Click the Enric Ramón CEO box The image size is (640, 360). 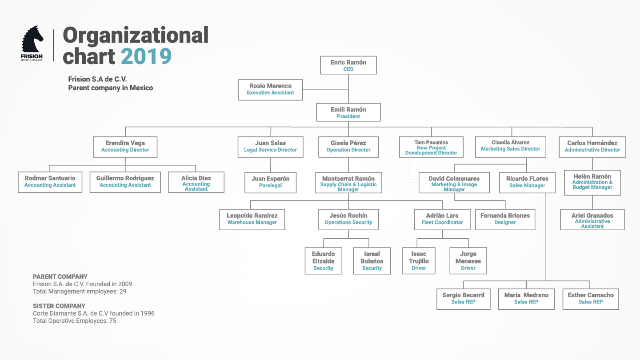[x=348, y=65]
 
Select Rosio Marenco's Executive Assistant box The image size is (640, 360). [x=270, y=90]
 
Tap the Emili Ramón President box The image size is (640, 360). [x=348, y=112]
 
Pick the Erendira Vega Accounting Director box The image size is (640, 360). [x=125, y=147]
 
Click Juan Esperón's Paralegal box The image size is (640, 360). [x=270, y=183]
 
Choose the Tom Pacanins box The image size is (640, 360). [x=431, y=147]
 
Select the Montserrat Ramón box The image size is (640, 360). [x=348, y=183]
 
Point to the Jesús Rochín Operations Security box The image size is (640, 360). [x=348, y=220]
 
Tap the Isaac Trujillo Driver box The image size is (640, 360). [x=419, y=261]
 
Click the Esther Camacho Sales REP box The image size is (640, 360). [x=591, y=299]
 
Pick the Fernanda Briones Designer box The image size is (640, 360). [x=505, y=220]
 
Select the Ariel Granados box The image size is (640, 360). [x=592, y=220]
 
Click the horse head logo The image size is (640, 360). [x=32, y=40]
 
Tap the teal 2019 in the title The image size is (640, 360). [x=146, y=56]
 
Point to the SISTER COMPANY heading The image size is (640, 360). [x=59, y=306]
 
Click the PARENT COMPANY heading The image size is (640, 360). [x=60, y=276]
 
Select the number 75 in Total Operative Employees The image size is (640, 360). [x=112, y=321]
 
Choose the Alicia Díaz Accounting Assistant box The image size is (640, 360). [x=196, y=182]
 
